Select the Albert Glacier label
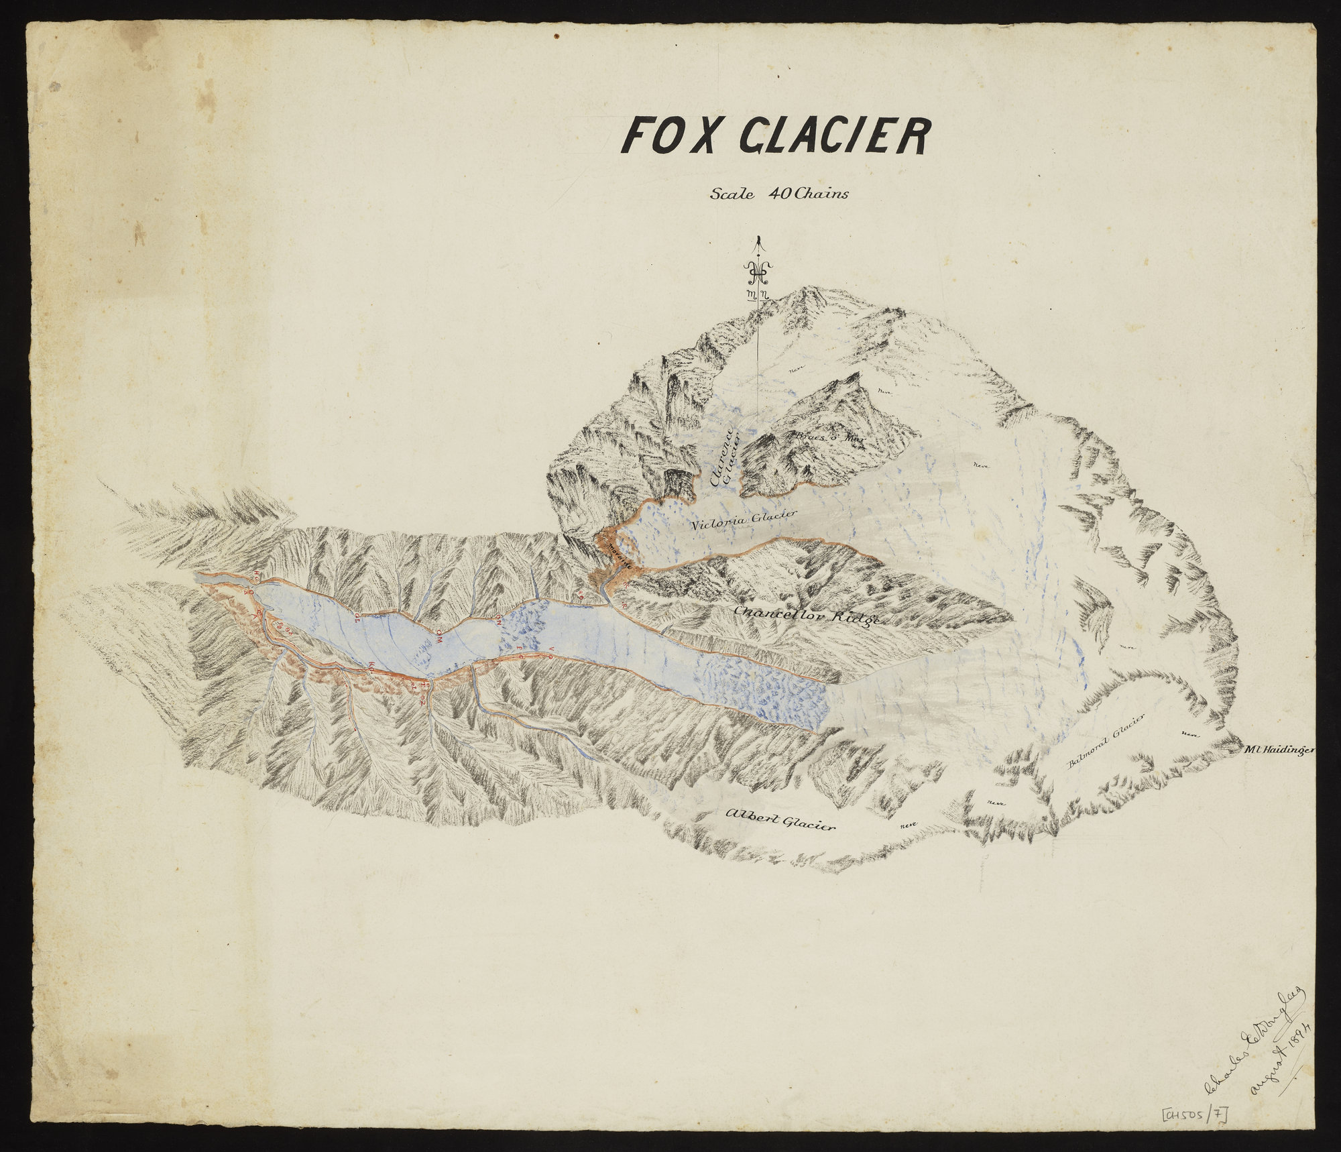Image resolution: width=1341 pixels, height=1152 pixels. (780, 819)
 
